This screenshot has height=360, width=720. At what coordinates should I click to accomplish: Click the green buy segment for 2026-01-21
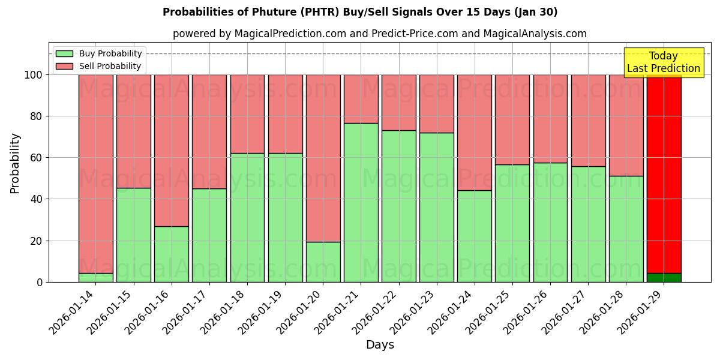[361, 202]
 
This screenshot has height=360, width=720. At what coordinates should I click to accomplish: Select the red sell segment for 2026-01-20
[323, 158]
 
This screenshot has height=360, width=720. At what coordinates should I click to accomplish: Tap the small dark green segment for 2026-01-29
[664, 278]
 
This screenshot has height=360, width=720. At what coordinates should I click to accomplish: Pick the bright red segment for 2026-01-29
[664, 174]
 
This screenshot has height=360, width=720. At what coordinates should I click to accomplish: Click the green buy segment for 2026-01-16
[172, 254]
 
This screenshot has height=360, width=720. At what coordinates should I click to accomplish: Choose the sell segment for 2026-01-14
[96, 174]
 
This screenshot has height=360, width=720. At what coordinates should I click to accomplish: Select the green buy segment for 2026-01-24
[475, 236]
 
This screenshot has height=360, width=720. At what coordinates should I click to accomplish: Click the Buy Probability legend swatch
[64, 53]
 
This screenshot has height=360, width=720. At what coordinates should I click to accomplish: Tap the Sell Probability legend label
[110, 66]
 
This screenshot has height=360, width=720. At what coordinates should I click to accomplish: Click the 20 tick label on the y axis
[37, 241]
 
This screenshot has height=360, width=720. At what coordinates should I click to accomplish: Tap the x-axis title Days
[380, 345]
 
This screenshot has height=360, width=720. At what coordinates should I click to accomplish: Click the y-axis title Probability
[15, 163]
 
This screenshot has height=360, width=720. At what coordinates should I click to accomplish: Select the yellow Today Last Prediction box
[663, 62]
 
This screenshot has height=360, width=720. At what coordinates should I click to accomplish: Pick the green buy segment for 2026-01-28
[626, 229]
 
